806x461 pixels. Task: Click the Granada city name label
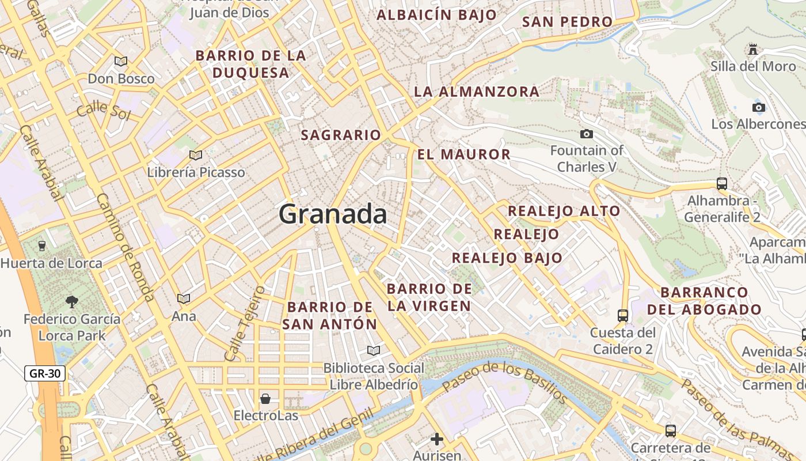[x=333, y=214]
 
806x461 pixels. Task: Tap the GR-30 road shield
[x=45, y=373]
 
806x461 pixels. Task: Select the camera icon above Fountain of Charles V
[x=586, y=134]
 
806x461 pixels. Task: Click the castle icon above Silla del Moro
[x=753, y=50]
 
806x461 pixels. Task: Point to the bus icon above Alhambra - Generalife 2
[x=722, y=184]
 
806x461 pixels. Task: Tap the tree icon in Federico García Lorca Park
[x=72, y=301]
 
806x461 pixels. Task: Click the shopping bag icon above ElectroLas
[x=265, y=398]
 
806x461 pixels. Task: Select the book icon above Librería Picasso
[x=196, y=155]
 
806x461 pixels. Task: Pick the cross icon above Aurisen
[x=437, y=439]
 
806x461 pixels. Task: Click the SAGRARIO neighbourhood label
[x=341, y=135]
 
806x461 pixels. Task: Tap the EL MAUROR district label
[x=463, y=154]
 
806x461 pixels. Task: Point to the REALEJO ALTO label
[x=564, y=211]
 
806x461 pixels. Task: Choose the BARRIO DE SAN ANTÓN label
[x=330, y=315]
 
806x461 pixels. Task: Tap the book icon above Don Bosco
[x=121, y=61]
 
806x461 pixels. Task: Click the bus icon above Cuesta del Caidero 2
[x=623, y=315]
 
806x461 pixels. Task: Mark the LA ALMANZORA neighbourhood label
[x=477, y=92]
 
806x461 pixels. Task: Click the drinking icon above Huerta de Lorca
[x=42, y=246]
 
